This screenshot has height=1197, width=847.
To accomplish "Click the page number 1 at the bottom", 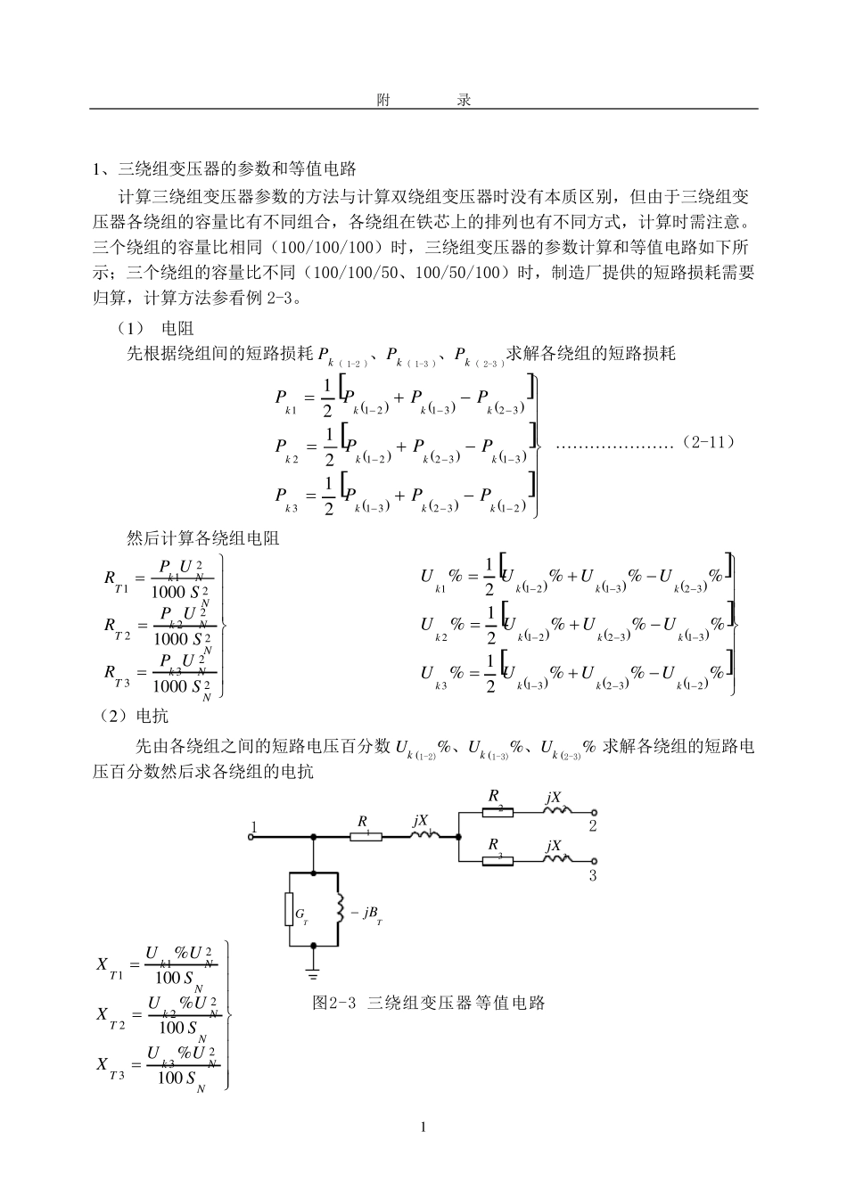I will (423, 1127).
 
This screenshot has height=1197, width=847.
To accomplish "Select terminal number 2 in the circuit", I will (592, 825).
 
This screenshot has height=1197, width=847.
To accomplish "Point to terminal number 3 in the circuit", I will (592, 875).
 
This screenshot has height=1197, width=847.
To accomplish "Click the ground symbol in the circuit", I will (313, 965).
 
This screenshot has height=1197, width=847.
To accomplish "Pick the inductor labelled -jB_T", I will (339, 910).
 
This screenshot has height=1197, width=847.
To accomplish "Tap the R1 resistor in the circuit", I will (366, 836).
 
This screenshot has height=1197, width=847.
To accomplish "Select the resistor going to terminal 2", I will (498, 812).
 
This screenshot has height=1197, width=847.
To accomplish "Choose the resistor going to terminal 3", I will (498, 860).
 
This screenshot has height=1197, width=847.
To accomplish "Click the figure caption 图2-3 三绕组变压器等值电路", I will (428, 1003).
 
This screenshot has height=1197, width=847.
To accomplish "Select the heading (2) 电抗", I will (133, 716).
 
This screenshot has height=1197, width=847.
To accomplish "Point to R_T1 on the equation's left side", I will (116, 580).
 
